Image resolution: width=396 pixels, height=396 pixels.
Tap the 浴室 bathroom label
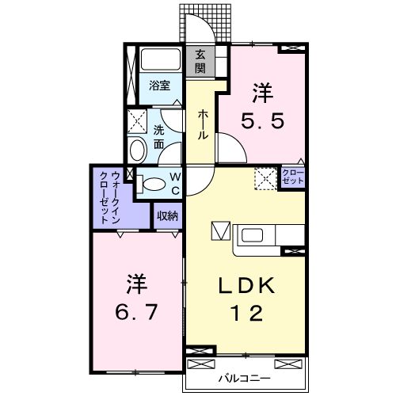(x=159, y=86)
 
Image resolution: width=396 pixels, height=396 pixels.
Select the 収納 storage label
(x=166, y=215)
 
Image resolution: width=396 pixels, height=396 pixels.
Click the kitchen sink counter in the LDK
(x=257, y=235)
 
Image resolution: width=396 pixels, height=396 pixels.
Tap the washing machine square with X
(x=136, y=120)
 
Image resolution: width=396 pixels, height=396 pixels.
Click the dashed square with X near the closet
(x=265, y=178)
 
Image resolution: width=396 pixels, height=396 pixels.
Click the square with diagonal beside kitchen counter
(x=219, y=234)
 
